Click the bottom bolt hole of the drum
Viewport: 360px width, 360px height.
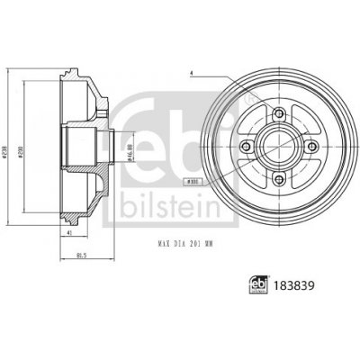(x=280, y=179)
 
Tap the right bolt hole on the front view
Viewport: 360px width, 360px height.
(x=314, y=145)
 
